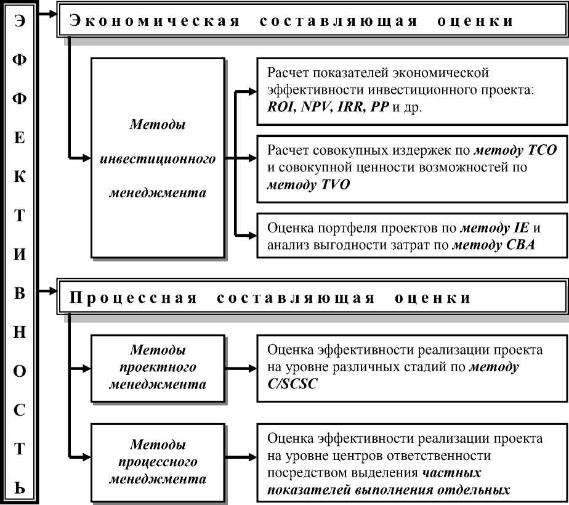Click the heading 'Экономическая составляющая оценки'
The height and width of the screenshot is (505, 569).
click(x=292, y=21)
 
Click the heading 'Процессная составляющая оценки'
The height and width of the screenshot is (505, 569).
click(x=271, y=298)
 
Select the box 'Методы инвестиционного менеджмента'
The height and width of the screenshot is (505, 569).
click(x=158, y=158)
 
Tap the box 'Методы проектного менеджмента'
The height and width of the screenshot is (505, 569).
click(x=158, y=367)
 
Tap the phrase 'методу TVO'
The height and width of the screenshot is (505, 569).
click(x=308, y=184)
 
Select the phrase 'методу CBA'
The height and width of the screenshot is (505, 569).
click(x=493, y=246)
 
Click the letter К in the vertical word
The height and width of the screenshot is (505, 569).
click(x=20, y=178)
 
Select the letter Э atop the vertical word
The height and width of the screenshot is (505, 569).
click(x=20, y=19)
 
